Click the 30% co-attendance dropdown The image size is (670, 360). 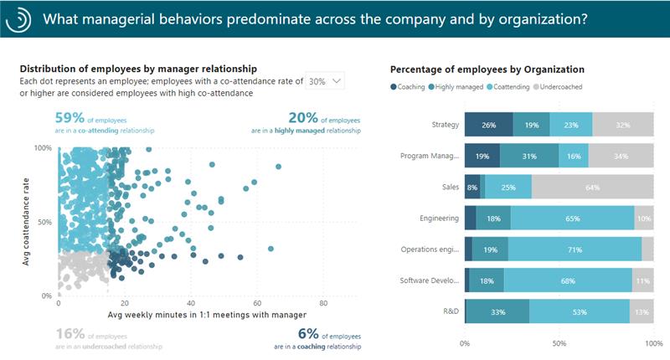click(x=325, y=81)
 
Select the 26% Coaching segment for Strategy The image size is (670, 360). click(x=488, y=125)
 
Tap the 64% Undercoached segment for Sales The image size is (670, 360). click(x=592, y=188)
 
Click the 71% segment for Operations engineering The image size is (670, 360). click(x=574, y=249)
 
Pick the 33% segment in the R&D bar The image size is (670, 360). click(x=497, y=312)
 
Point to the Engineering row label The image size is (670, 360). click(x=439, y=219)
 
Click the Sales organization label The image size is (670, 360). click(x=449, y=188)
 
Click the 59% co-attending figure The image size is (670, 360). click(x=69, y=118)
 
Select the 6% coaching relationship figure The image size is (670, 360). click(x=285, y=333)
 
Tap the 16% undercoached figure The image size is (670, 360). click(x=70, y=333)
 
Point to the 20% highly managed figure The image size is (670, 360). click(x=301, y=118)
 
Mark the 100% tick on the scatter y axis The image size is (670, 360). click(x=42, y=148)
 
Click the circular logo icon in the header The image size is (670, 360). click(x=18, y=18)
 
